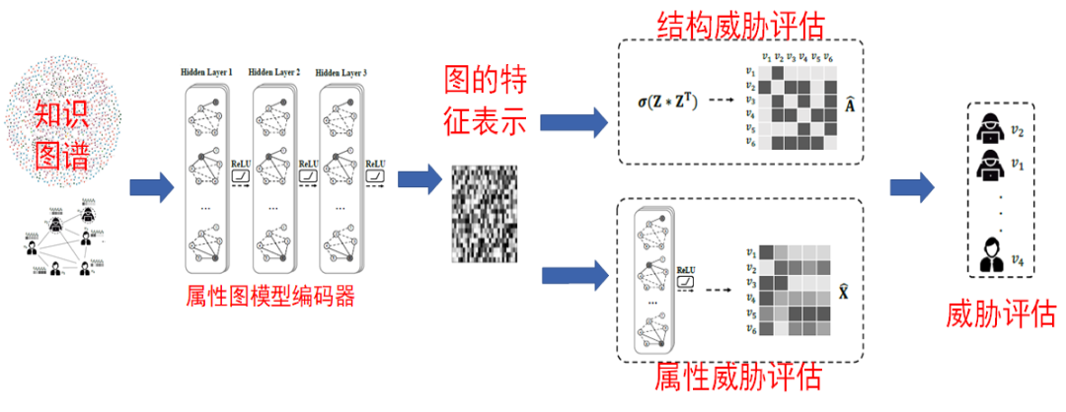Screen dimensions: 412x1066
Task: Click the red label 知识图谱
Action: pyautogui.click(x=61, y=133)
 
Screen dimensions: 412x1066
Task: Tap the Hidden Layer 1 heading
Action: pyautogui.click(x=206, y=73)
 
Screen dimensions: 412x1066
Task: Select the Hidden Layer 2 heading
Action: pyautogui.click(x=274, y=73)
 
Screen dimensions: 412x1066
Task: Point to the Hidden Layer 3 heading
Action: pyautogui.click(x=342, y=73)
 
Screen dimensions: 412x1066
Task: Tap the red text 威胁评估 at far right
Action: pyautogui.click(x=1001, y=314)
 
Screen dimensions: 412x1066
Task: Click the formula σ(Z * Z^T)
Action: pyautogui.click(x=667, y=102)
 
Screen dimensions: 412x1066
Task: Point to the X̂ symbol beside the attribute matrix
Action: pyautogui.click(x=844, y=291)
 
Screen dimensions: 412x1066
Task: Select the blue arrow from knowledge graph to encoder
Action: pyautogui.click(x=150, y=186)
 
